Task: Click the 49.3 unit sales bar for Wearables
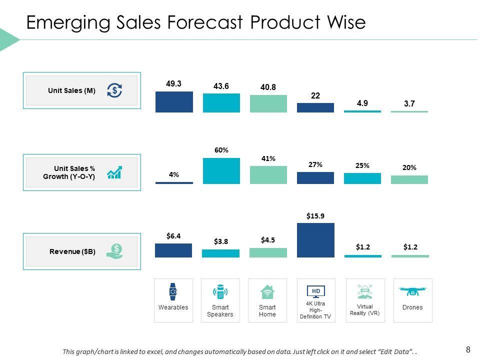pyautogui.click(x=173, y=101)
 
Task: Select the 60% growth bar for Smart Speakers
pyautogui.click(x=221, y=171)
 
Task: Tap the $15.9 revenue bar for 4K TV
pyautogui.click(x=315, y=240)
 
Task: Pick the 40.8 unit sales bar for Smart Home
pyautogui.click(x=268, y=103)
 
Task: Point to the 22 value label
pyautogui.click(x=315, y=95)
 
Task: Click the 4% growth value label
pyautogui.click(x=173, y=174)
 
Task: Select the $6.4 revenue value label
pyautogui.click(x=173, y=235)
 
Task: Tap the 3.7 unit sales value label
pyautogui.click(x=409, y=104)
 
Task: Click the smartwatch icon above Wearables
pyautogui.click(x=173, y=291)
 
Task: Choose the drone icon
pyautogui.click(x=412, y=291)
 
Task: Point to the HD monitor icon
pyautogui.click(x=315, y=291)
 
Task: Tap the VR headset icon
pyautogui.click(x=365, y=291)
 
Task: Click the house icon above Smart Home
pyautogui.click(x=267, y=291)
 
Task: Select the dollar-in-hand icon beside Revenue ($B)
pyautogui.click(x=115, y=250)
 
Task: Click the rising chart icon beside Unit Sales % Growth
pyautogui.click(x=114, y=172)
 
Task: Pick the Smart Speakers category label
pyautogui.click(x=220, y=310)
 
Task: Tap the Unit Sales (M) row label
pyautogui.click(x=71, y=90)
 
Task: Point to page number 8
pyautogui.click(x=468, y=349)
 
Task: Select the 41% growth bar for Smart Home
pyautogui.click(x=268, y=175)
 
